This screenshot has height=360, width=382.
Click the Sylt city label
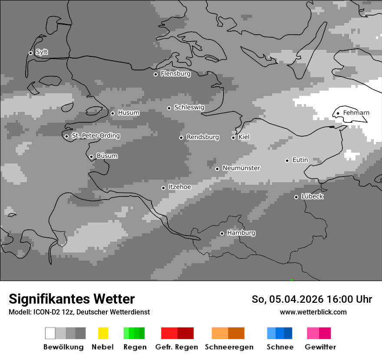(x=42, y=52)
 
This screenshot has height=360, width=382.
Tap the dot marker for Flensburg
(x=155, y=74)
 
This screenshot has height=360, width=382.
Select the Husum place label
(x=128, y=113)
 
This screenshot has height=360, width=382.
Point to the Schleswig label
(x=189, y=107)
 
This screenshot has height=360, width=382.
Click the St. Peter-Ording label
(x=95, y=136)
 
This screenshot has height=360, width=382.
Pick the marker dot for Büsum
(x=91, y=157)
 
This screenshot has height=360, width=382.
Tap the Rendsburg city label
(x=202, y=137)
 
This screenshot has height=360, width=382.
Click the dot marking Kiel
(x=233, y=137)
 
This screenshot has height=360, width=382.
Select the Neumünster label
(x=241, y=168)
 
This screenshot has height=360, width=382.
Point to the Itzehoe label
(x=180, y=187)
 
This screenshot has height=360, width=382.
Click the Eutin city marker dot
(x=287, y=160)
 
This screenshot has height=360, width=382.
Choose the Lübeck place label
(x=312, y=196)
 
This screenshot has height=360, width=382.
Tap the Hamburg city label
(x=241, y=233)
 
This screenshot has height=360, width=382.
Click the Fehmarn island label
(x=356, y=113)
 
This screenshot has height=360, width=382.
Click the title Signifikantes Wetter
(x=72, y=299)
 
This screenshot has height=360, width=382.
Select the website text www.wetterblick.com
(x=313, y=312)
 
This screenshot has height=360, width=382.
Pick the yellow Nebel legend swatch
(x=103, y=333)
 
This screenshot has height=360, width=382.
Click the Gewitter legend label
(x=320, y=347)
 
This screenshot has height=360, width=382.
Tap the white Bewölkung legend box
(x=50, y=333)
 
